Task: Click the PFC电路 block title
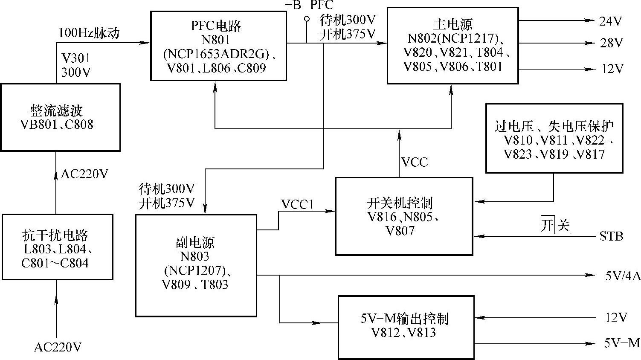pyautogui.click(x=216, y=26)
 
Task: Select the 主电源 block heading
pyautogui.click(x=452, y=24)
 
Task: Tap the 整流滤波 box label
pyautogui.click(x=56, y=111)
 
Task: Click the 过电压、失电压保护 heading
pyautogui.click(x=554, y=126)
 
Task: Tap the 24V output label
pyautogui.click(x=611, y=21)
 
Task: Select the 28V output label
pyautogui.click(x=611, y=43)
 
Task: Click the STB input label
pyautogui.click(x=611, y=236)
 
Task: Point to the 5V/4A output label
pyautogui.click(x=622, y=276)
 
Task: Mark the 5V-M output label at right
pyautogui.click(x=622, y=343)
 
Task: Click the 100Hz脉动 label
pyautogui.click(x=89, y=33)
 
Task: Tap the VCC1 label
pyautogui.click(x=297, y=205)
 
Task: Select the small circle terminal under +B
pyautogui.click(x=306, y=19)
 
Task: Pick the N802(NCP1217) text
pyautogui.click(x=453, y=38)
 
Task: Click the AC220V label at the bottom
pyautogui.click(x=58, y=347)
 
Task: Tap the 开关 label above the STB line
pyautogui.click(x=555, y=225)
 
